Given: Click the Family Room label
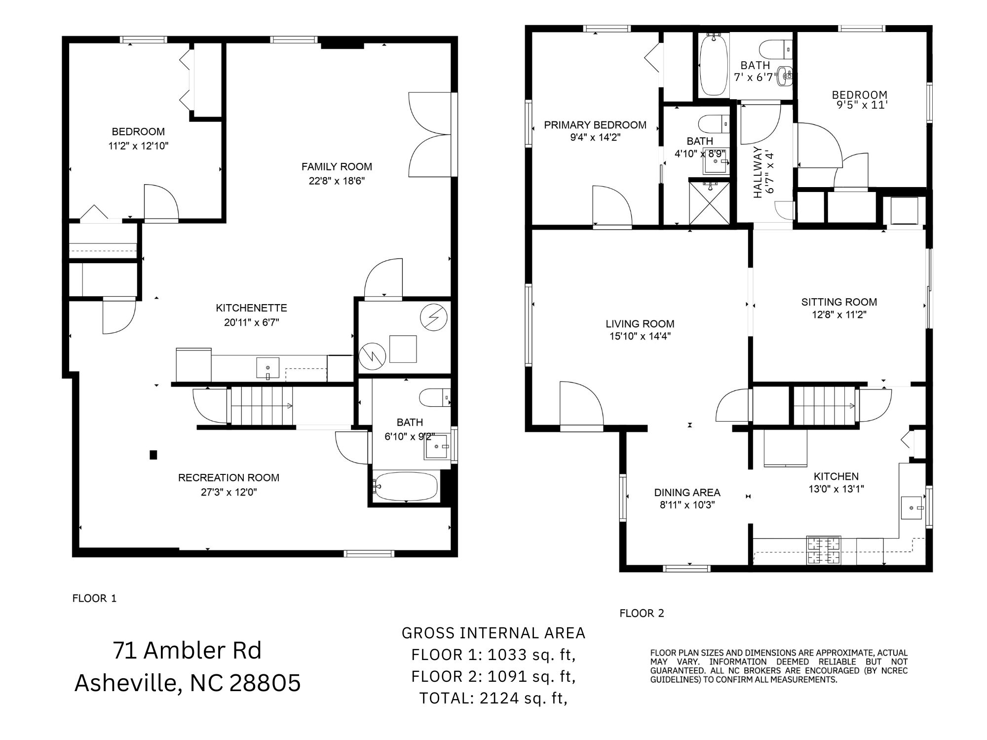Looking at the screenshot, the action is coord(337,167).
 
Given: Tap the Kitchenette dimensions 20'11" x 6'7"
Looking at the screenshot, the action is coord(251,322).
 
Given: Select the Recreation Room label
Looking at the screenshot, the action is coord(228,478).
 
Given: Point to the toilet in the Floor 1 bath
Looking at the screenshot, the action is coord(434,397).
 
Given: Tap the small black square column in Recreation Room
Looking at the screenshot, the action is coord(153,455).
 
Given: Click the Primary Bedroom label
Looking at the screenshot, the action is coord(595,125).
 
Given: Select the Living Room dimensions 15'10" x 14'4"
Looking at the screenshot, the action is coord(640,337).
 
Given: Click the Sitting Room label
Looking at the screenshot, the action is coord(839,302).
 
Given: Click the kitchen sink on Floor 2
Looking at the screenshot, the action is coord(911,508).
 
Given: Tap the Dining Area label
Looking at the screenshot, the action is coord(687,493).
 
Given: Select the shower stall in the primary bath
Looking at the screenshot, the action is coord(709,202).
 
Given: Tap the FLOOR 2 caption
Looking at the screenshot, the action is coord(642,614).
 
